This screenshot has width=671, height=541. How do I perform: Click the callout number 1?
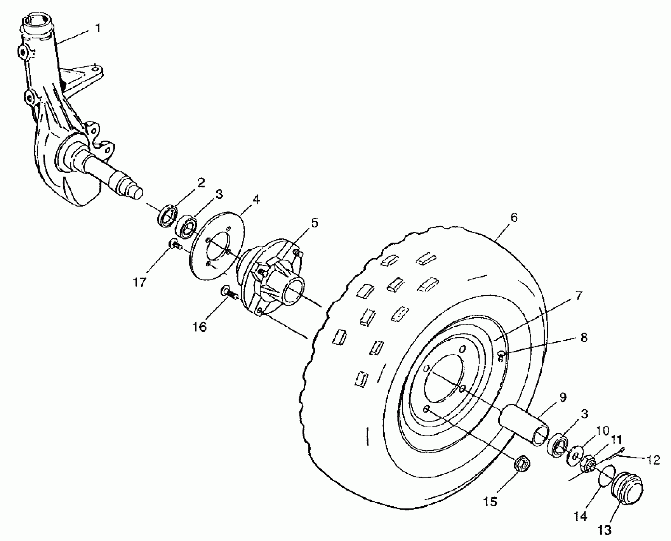(98, 28)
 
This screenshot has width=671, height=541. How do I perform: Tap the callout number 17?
(139, 282)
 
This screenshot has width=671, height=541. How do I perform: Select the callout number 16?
(200, 327)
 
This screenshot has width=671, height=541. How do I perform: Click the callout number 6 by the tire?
(514, 218)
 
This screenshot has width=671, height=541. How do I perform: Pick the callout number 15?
(490, 502)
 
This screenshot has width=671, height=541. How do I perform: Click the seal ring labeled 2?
(167, 216)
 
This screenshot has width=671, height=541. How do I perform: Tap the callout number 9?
(563, 398)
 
